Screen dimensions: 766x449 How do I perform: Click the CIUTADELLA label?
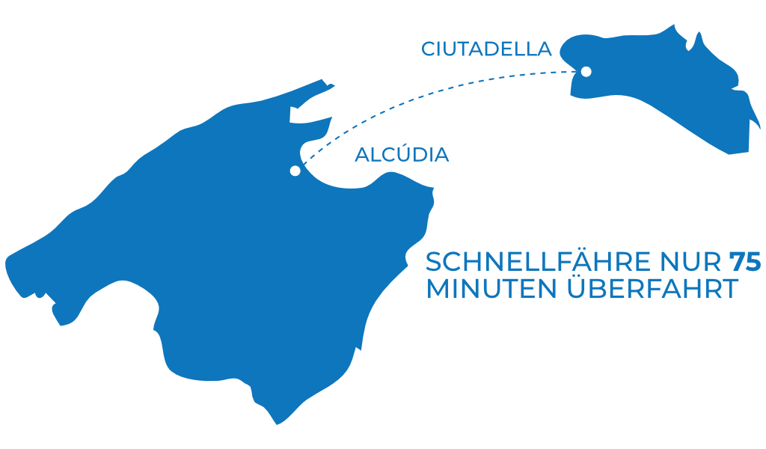coord(486,49)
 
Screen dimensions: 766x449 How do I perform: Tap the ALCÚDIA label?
coord(402,154)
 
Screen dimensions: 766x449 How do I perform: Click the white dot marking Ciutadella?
coord(586,72)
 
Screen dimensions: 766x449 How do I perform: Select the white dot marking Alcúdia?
coord(295,171)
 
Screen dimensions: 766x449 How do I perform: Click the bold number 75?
coord(745,262)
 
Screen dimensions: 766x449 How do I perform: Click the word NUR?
coord(690,262)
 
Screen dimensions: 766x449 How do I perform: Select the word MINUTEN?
coord(491,289)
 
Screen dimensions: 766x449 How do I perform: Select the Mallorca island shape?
coord(220,254)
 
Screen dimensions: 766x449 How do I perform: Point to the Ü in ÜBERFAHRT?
coord(577,287)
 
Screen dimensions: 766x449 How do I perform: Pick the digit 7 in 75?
coord(737,262)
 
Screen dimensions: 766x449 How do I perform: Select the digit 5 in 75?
coord(753,262)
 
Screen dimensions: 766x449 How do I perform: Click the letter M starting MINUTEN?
coord(437,289)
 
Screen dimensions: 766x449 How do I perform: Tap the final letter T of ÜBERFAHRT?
coord(730,289)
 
